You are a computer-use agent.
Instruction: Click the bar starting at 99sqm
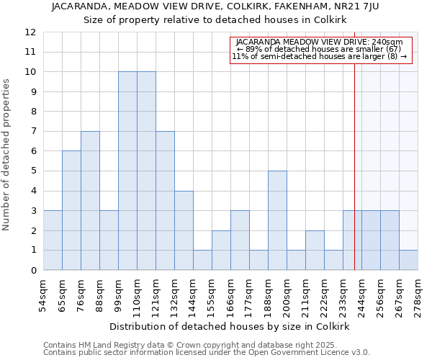pos(127,171)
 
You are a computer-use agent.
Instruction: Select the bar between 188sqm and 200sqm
pos(277,220)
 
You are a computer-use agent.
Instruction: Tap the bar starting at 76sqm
pos(90,200)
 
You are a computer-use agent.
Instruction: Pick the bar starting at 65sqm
pos(71,210)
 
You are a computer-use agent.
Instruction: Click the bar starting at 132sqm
pos(184,230)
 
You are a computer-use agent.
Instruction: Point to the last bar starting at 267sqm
pos(408,260)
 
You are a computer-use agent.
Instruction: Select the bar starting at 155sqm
pos(221,250)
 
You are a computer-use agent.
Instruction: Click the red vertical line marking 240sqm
pos(354,158)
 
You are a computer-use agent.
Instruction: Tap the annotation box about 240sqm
pos(320,50)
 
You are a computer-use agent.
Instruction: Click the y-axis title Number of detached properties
pos(6,155)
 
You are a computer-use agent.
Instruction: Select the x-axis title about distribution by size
pos(230,326)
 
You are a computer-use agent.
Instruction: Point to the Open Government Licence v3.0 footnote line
pos(207,352)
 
